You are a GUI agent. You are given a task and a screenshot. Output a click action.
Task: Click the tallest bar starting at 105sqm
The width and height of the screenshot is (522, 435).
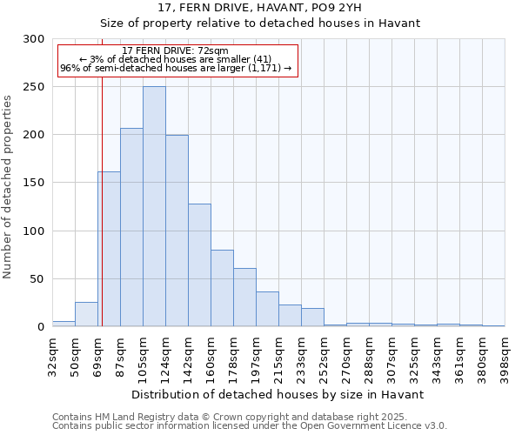point(154,206)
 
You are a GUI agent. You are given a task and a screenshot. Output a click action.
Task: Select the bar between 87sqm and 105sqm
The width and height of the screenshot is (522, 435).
point(131,227)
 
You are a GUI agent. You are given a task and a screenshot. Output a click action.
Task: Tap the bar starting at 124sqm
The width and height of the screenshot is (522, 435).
point(177,231)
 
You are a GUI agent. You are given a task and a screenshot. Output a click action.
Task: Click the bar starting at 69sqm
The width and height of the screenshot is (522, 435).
point(109,249)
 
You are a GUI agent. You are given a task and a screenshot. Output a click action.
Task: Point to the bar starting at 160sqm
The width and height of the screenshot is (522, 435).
point(222,288)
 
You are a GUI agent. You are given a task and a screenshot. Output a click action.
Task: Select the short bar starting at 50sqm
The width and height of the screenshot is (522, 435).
point(86,314)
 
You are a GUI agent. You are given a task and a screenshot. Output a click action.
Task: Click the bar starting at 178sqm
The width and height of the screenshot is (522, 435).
point(244,298)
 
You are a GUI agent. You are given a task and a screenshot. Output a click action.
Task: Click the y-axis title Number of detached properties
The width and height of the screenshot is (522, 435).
point(8,187)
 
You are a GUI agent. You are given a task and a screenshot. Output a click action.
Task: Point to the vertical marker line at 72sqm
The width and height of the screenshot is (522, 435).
point(102,217)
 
